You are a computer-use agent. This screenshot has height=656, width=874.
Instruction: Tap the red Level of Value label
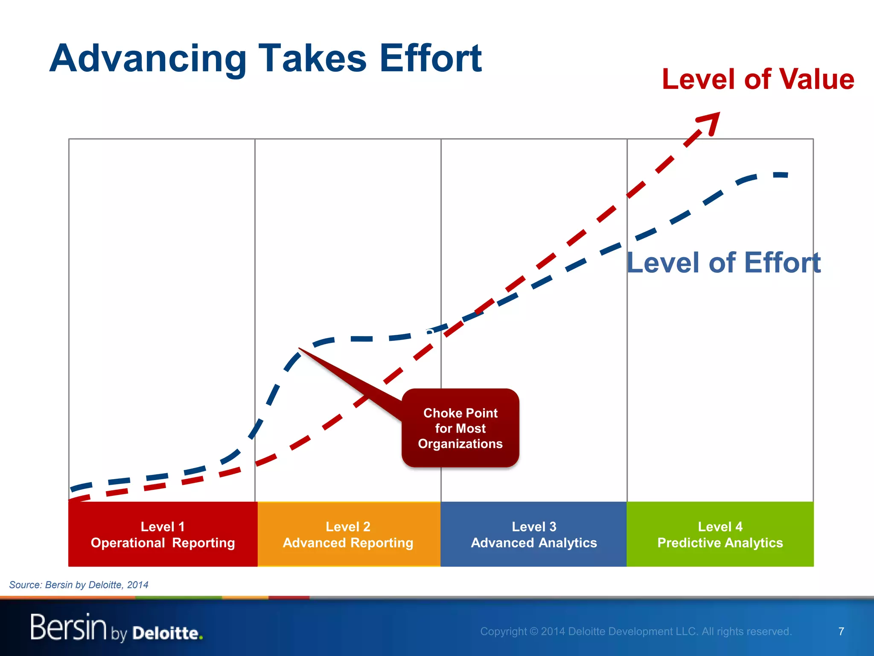coord(758,79)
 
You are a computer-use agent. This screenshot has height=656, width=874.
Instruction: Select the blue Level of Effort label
coord(723,262)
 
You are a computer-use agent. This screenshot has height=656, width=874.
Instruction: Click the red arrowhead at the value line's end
coord(712,121)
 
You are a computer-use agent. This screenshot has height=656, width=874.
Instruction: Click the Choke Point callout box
coord(460,428)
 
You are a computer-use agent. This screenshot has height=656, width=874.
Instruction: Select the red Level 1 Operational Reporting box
coord(163,534)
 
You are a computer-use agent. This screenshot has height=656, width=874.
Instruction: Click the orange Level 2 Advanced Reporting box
coord(348,534)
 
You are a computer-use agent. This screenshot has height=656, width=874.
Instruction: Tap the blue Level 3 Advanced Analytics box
coord(533,534)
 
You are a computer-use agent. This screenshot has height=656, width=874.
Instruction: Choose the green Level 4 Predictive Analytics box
coord(720,534)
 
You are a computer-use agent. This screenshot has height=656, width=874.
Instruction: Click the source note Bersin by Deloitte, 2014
coord(79,585)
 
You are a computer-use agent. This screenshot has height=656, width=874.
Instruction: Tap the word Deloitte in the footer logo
coord(166,633)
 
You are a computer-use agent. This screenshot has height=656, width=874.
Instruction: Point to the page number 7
coord(841,631)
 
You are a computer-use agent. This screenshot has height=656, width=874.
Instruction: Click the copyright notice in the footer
coord(636,631)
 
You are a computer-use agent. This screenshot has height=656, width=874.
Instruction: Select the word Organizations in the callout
coord(460,444)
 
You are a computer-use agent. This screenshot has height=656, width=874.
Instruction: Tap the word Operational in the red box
coord(128,543)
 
